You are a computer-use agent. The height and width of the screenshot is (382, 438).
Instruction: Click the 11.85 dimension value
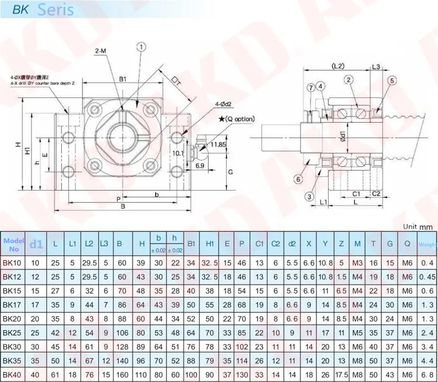219,143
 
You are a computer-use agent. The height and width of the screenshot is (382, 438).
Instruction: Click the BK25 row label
13,332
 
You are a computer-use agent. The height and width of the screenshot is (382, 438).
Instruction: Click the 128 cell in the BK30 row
121,346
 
